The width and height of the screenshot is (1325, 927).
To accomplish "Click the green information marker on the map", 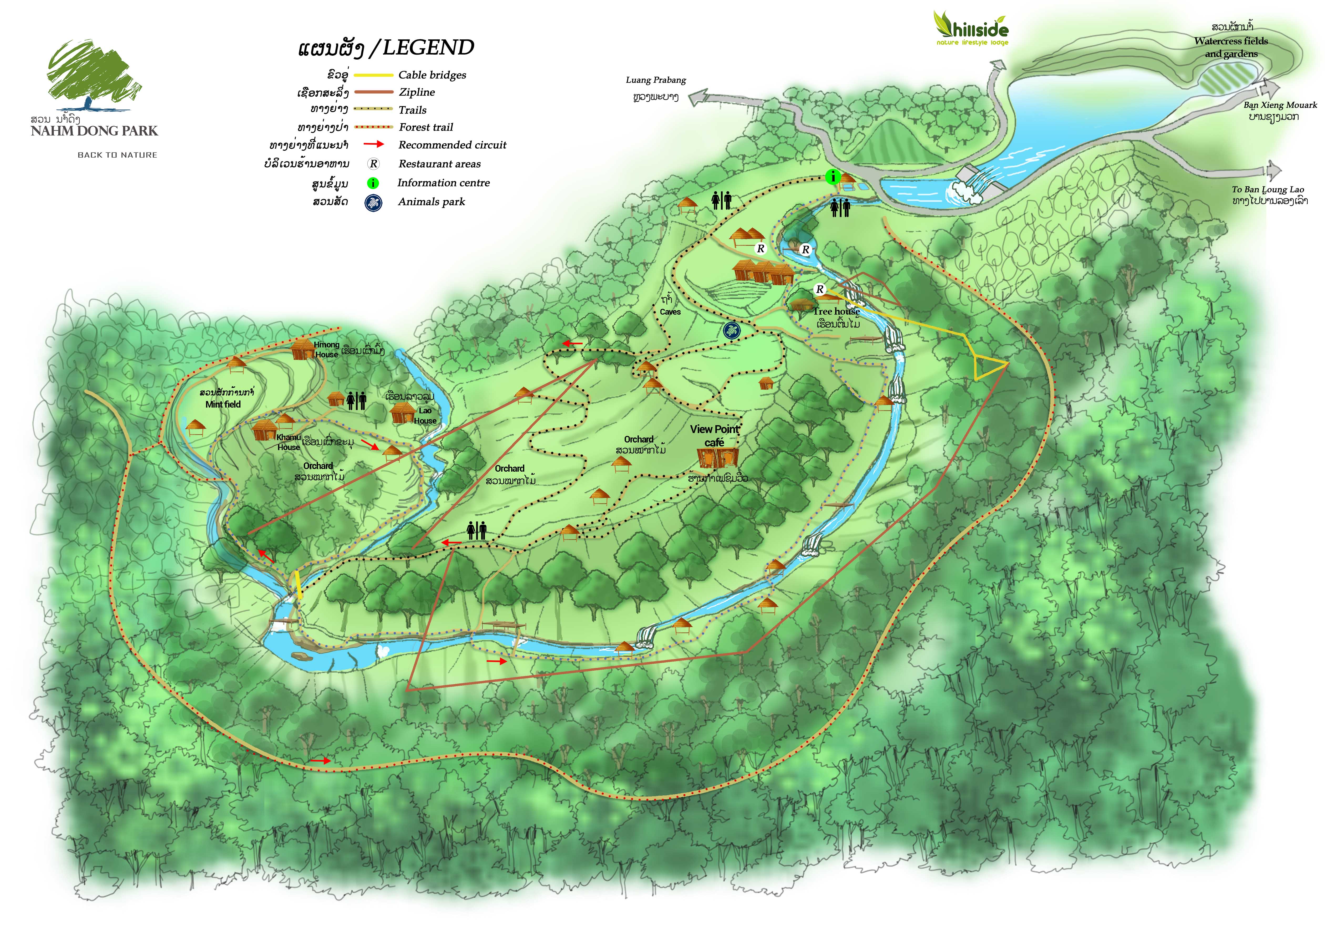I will (x=832, y=176).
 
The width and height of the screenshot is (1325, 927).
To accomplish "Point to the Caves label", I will (x=670, y=311).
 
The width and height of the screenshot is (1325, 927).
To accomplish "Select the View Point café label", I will (x=715, y=435).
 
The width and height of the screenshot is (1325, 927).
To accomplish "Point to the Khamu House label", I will (x=289, y=442).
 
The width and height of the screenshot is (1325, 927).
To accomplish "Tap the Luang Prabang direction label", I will (x=656, y=80).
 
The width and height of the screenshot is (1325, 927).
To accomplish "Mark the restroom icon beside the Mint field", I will (x=356, y=400).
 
